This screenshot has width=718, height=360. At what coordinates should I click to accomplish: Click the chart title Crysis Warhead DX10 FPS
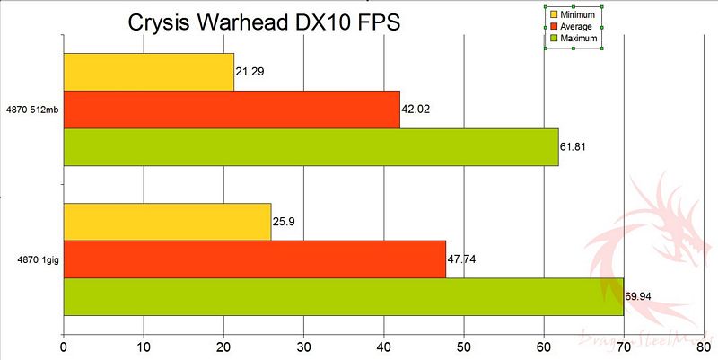pos(264,22)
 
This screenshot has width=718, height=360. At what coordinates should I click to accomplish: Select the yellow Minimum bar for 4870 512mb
pos(148,72)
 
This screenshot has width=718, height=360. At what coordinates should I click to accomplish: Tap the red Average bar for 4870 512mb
pos(232,110)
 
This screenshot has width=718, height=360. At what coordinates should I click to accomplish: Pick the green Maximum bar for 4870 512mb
pos(311,147)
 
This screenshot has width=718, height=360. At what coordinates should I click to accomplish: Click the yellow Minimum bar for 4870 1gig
pos(167,222)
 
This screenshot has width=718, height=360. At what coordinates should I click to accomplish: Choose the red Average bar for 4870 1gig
pos(255,259)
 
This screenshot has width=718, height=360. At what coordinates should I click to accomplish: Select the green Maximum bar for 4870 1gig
pos(343,296)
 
